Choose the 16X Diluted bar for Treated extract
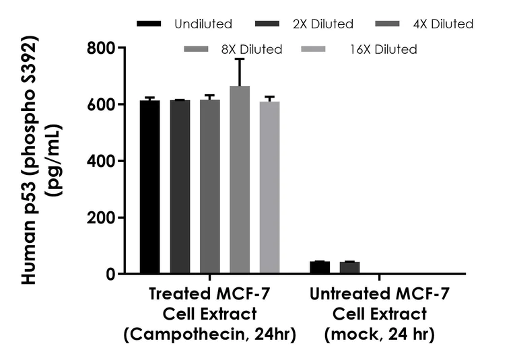[x=270, y=188]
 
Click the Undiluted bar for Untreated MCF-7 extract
[x=320, y=267]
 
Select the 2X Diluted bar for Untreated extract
[x=350, y=267]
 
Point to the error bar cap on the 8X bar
[x=240, y=59]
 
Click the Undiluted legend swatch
[x=149, y=24]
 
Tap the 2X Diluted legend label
[x=323, y=24]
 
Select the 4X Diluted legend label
[x=443, y=24]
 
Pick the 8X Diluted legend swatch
[x=197, y=49]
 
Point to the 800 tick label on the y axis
[x=102, y=48]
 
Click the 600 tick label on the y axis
[x=102, y=105]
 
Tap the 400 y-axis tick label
[x=102, y=161]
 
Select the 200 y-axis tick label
[x=102, y=218]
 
